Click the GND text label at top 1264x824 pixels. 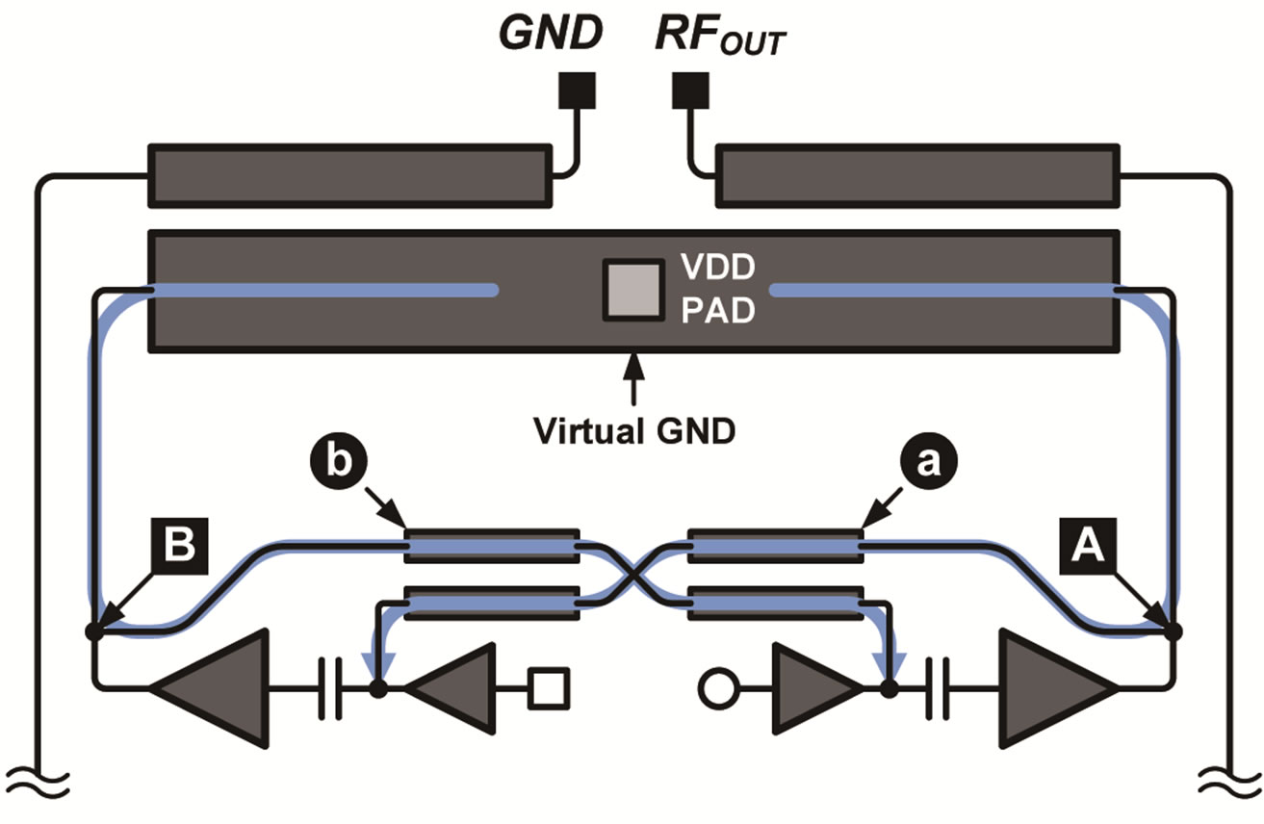coord(550,36)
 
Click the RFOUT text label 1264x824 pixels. coord(718,38)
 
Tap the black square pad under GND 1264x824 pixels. coord(577,91)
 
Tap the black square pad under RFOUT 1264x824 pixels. coord(689,91)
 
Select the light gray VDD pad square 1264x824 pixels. coord(632,290)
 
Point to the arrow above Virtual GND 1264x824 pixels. coord(632,380)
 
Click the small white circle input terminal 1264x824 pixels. coord(716,688)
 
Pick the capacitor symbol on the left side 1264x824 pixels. coord(330,688)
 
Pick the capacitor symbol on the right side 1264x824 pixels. coord(937,688)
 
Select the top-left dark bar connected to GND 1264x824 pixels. coord(348,174)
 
